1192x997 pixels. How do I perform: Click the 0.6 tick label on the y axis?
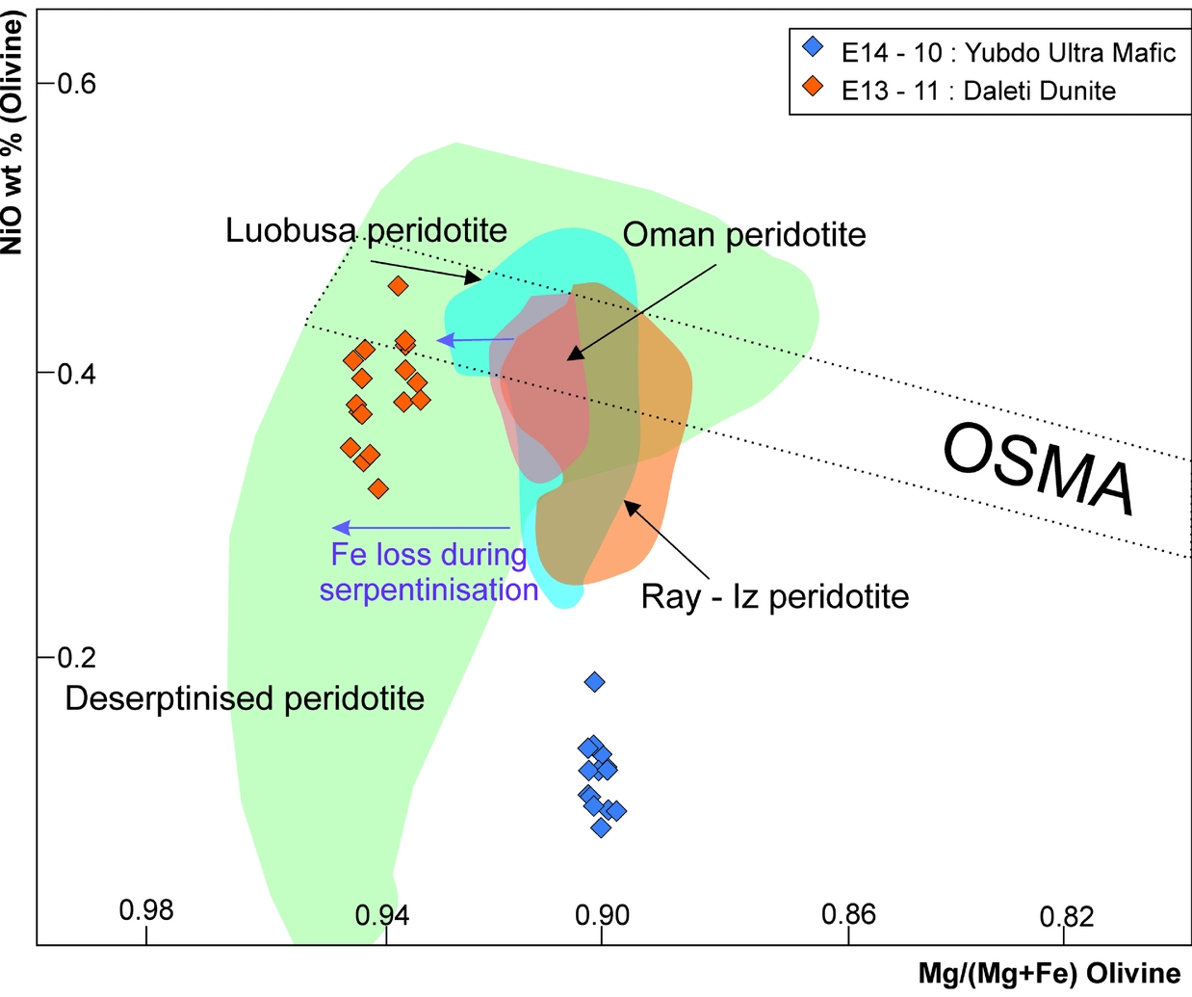[x=77, y=84]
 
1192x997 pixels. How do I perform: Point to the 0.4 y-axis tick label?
[x=77, y=373]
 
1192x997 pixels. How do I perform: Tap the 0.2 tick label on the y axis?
[x=77, y=657]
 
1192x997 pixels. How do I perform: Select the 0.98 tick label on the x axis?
[x=146, y=909]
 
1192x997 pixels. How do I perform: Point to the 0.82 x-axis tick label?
[x=1067, y=915]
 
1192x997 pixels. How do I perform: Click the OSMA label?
[x=1038, y=471]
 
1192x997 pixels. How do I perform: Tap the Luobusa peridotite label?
[x=366, y=230]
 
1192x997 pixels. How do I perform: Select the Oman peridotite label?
[x=744, y=234]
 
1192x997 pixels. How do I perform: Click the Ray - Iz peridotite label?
[x=775, y=597]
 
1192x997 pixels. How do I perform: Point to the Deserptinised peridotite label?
[x=245, y=698]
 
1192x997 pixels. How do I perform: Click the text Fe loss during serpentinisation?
[x=429, y=571]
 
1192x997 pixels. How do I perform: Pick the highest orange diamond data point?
[x=398, y=285]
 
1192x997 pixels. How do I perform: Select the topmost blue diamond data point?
[x=595, y=682]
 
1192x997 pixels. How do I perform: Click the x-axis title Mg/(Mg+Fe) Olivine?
[x=1049, y=973]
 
